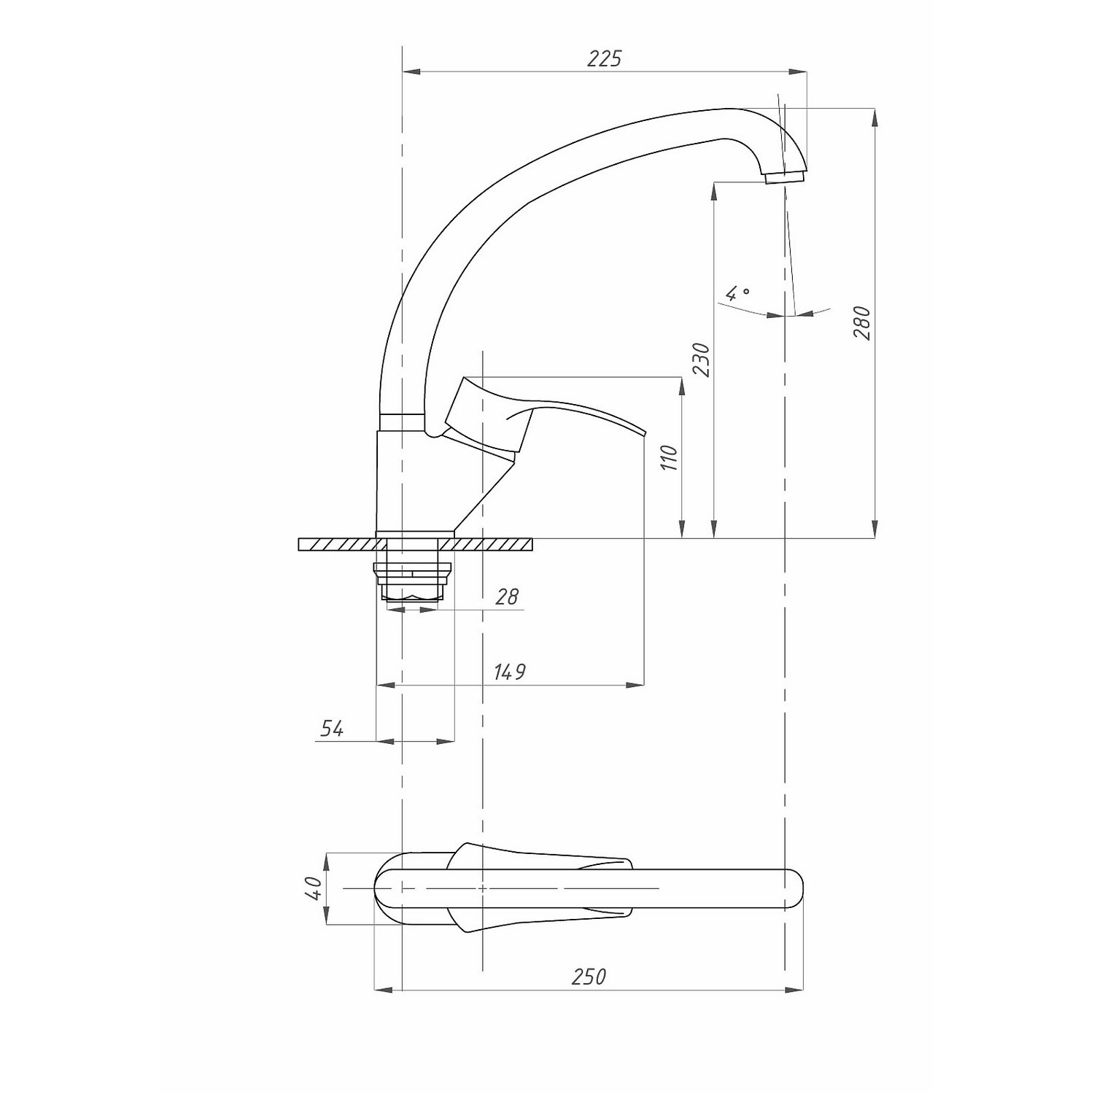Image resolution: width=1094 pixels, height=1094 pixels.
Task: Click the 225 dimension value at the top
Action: point(605,58)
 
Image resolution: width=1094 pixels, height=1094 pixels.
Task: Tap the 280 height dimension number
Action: point(862,322)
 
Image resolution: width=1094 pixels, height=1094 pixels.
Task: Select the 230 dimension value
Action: point(701,359)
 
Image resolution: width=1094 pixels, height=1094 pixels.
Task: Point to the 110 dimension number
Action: point(670,457)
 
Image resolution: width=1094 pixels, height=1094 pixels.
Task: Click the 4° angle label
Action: point(738,293)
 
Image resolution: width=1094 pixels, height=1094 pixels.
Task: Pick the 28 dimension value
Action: point(506,597)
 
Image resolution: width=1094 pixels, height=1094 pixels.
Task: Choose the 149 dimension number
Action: point(509,672)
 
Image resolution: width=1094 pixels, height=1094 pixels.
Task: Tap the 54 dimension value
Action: point(332,728)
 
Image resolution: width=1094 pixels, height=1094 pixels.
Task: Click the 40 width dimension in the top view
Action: point(314,888)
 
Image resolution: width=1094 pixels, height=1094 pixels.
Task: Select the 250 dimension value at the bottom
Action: point(589,977)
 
